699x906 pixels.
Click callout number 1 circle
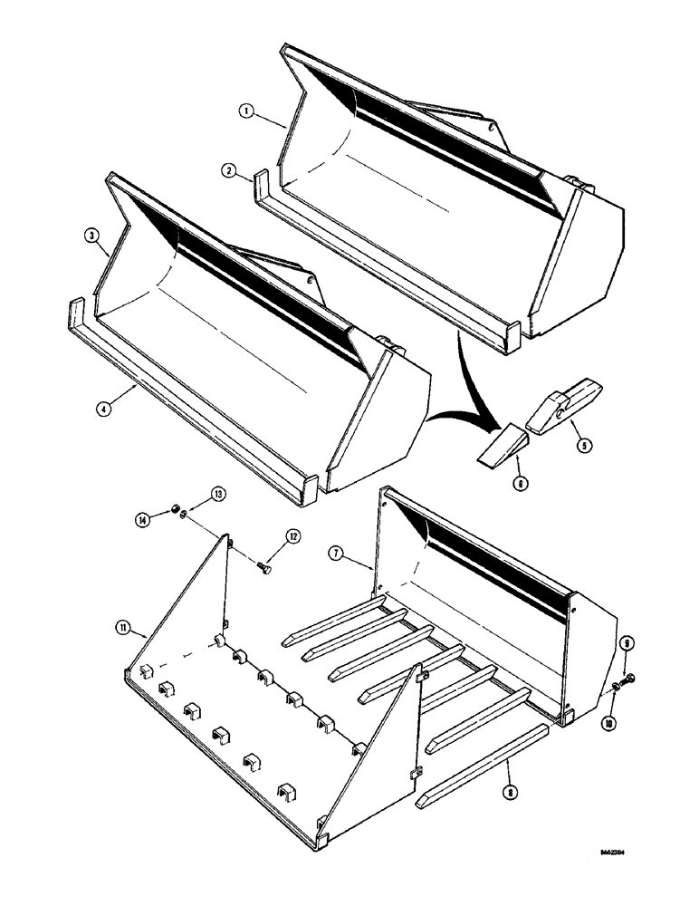244,111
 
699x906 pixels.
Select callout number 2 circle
231,169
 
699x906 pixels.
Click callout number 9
627,645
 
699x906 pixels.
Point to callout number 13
217,495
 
